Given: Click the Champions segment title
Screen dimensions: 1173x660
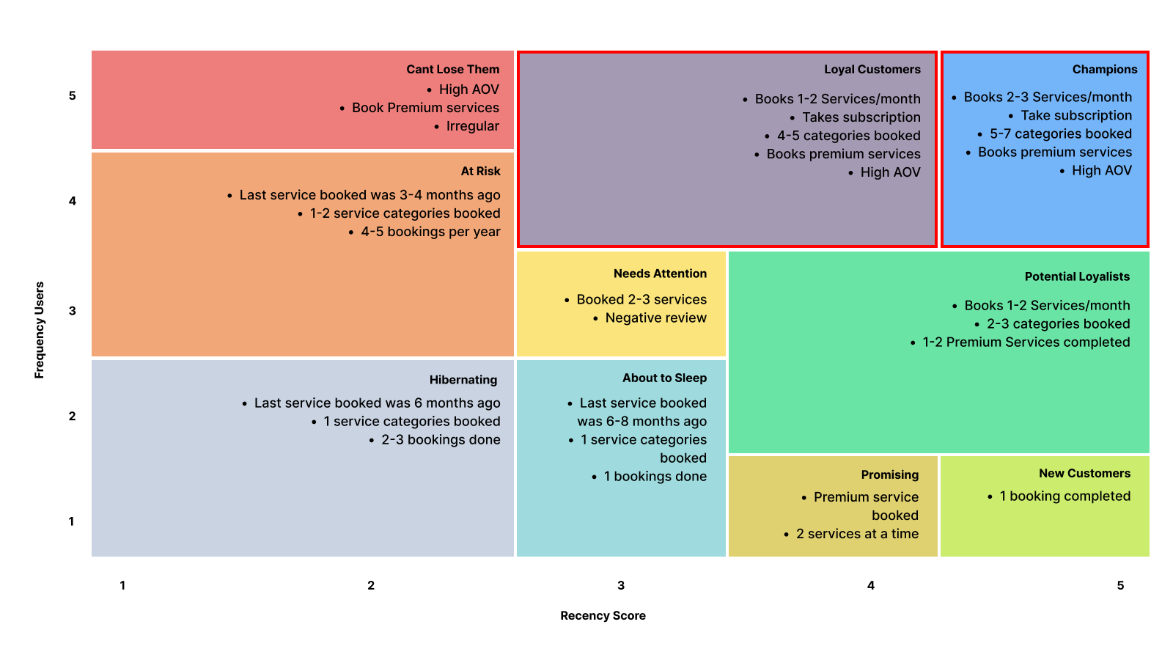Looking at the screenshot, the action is click(1104, 69).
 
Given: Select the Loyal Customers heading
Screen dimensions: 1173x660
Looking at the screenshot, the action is click(872, 69).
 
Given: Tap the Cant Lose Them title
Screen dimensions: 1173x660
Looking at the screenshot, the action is click(452, 69).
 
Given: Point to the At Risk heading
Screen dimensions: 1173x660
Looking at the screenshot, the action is click(480, 171).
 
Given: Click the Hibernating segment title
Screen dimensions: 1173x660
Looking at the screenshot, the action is click(463, 380).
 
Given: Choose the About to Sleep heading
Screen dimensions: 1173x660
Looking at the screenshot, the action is click(664, 378).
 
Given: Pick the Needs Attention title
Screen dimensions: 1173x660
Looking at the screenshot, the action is click(660, 274).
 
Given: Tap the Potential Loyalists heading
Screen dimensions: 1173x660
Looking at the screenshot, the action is click(1077, 276).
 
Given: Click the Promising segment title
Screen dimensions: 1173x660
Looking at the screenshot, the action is click(890, 474).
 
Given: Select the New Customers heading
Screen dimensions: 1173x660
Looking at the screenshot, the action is click(1084, 473).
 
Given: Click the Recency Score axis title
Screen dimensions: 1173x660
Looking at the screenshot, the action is click(603, 615).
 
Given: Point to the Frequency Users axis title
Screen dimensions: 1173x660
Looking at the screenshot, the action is click(40, 330).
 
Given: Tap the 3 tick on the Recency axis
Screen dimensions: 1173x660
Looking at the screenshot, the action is click(620, 585).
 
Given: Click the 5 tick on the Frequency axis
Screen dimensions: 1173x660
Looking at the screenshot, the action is click(73, 95).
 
